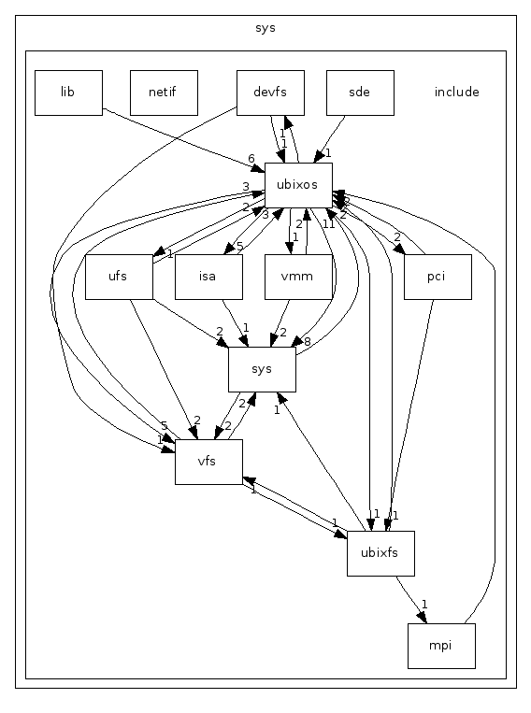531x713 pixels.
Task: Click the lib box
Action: pyautogui.click(x=67, y=93)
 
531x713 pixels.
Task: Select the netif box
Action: pyautogui.click(x=164, y=93)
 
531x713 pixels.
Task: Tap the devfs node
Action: pyautogui.click(x=270, y=93)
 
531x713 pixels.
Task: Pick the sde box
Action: pyautogui.click(x=359, y=93)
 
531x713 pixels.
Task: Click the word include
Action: pyautogui.click(x=456, y=93)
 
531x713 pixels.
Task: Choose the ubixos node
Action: pyautogui.click(x=298, y=185)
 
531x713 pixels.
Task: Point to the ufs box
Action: pyautogui.click(x=118, y=277)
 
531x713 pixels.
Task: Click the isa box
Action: pyautogui.click(x=208, y=277)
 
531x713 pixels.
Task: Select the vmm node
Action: pyautogui.click(x=298, y=277)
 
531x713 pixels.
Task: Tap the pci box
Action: pyautogui.click(x=437, y=277)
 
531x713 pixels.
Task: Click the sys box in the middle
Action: pyautogui.click(x=262, y=368)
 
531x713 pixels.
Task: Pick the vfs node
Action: pyautogui.click(x=208, y=462)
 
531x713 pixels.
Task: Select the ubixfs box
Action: pyautogui.click(x=380, y=552)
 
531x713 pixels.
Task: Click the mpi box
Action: pyautogui.click(x=441, y=646)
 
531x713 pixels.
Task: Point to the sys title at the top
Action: pyautogui.click(x=265, y=28)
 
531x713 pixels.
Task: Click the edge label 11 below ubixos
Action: pyautogui.click(x=329, y=223)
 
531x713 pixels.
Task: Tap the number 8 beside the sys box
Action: pyautogui.click(x=307, y=343)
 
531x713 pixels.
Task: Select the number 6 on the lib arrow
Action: pyautogui.click(x=251, y=159)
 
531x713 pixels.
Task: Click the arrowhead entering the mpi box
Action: pyautogui.click(x=426, y=617)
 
